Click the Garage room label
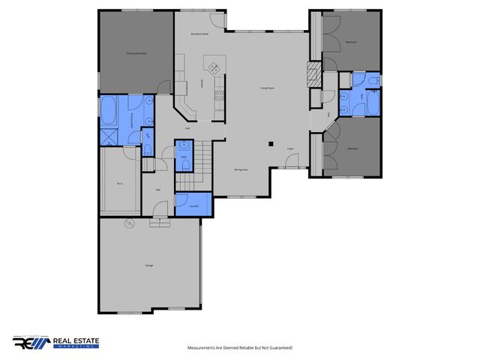tap(148, 265)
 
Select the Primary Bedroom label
tap(135, 52)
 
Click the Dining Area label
tap(241, 169)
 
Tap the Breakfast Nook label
tap(199, 34)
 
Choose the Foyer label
tap(289, 148)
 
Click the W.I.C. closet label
tap(120, 183)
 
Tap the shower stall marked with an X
tap(109, 136)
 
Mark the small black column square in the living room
tap(271, 144)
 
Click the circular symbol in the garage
tap(128, 224)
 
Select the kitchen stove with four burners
tap(219, 95)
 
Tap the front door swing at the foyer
tap(295, 160)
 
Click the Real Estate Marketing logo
tap(56, 343)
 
